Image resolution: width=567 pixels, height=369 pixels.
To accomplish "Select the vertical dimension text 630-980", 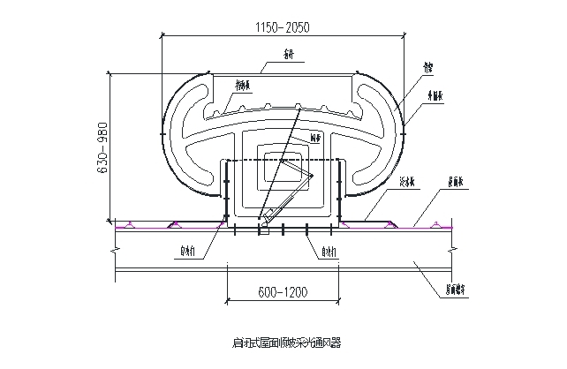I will (102, 146).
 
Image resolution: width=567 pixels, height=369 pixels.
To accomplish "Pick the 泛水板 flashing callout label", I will (407, 184).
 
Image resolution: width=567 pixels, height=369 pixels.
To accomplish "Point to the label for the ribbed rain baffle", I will (244, 85).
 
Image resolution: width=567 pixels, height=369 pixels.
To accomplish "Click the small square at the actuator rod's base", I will (262, 232).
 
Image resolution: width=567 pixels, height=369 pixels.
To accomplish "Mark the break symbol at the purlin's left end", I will (115, 252).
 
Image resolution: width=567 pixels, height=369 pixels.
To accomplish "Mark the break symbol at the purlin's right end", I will (452, 252).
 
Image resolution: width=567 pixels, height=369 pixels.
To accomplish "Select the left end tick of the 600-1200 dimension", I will (229, 301).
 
